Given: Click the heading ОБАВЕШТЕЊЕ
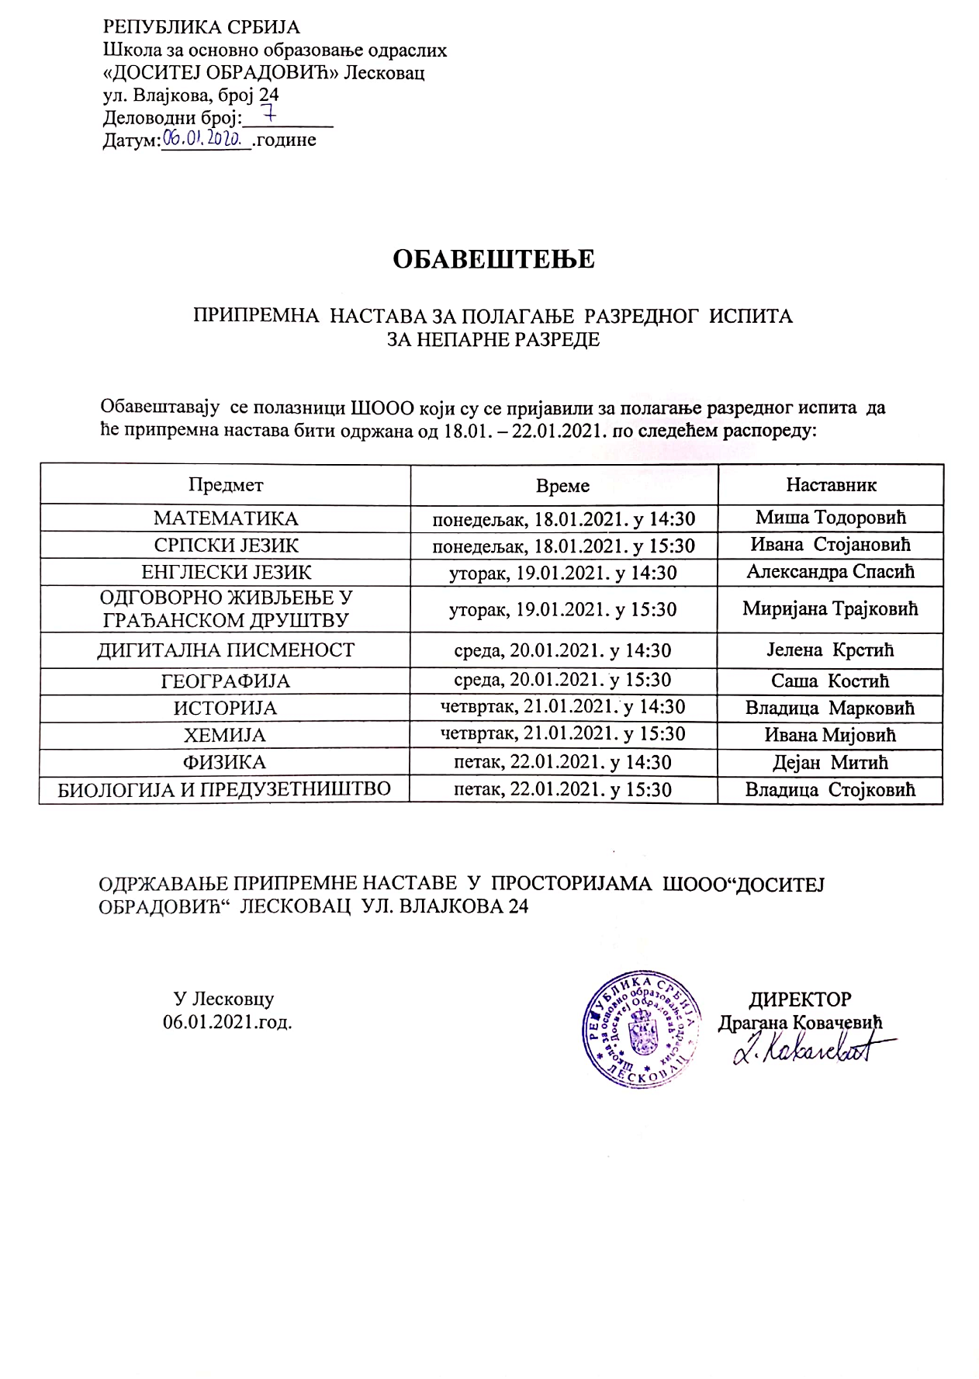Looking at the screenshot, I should (493, 258).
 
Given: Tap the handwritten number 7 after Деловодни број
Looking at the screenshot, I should (271, 116).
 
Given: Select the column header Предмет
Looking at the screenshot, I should (226, 485).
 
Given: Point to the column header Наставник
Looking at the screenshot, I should (831, 485).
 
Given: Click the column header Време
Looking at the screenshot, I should (563, 486).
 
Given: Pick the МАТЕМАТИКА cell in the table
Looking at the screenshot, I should (226, 518).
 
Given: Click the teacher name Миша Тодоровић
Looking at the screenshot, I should (831, 518).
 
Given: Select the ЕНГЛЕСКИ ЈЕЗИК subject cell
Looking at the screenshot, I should (226, 573).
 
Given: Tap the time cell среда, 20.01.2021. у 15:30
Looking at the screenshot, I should (563, 681).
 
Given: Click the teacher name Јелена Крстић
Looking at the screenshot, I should (831, 650).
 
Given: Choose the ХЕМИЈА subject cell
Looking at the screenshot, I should (225, 735).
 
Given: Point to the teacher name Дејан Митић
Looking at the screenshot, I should (831, 762).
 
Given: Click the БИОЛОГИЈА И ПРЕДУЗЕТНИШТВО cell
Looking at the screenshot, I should (225, 789).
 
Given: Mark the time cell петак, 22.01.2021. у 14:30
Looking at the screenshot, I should (563, 762).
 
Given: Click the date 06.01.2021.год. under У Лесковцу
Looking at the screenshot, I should (227, 1022).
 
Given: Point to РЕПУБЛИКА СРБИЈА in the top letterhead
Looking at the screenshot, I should (202, 28).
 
